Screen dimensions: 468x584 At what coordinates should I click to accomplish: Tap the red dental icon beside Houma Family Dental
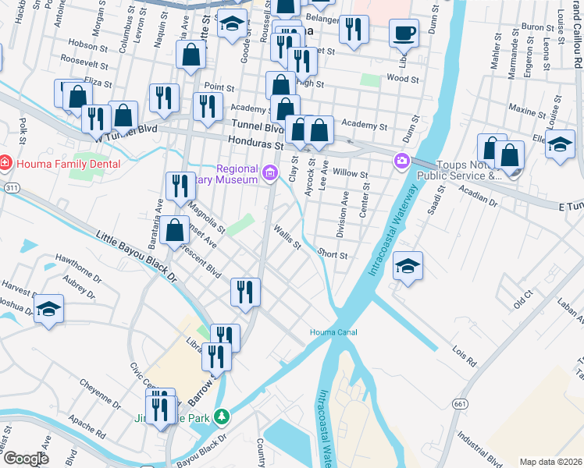coord(5,164)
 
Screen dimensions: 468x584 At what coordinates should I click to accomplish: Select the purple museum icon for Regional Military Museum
coord(270,173)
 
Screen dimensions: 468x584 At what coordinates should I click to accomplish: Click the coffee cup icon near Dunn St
coord(404,34)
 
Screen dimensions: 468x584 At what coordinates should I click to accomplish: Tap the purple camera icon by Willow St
coord(401,161)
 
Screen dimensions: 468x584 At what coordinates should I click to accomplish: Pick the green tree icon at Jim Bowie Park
coord(223,417)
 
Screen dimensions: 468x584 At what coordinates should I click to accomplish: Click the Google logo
coord(27,459)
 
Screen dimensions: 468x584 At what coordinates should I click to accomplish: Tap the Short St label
coord(332,254)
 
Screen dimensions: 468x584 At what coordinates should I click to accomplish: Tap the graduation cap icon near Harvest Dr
coord(48,309)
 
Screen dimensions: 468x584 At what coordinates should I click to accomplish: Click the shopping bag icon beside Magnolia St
coord(176,230)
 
